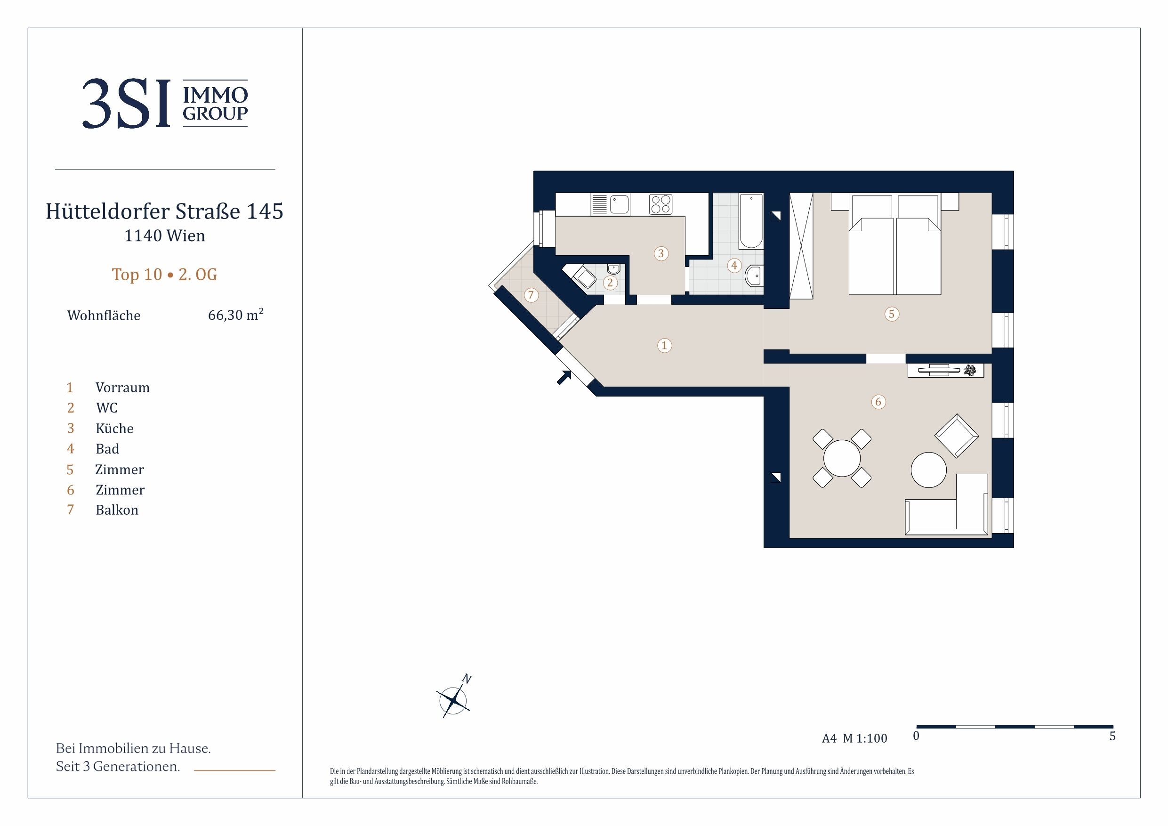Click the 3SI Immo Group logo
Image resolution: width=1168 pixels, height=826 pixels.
pos(165,103)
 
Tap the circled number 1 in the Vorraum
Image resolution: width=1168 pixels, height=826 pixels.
pos(664,346)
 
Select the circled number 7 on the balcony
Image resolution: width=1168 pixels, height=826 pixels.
pos(531,295)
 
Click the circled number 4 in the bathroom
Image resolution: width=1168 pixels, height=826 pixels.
pos(733,265)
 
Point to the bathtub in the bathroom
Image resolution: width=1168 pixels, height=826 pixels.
pos(751,221)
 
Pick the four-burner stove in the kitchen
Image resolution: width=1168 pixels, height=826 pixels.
pos(661,204)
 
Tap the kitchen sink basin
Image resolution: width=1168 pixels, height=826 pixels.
pos(620,204)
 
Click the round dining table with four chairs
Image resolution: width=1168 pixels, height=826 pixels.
pos(842,459)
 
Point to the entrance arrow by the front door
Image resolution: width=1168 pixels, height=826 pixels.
pos(564,377)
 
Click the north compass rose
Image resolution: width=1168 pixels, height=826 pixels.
pos(453,700)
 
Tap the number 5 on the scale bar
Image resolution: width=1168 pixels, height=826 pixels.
pos(1112,736)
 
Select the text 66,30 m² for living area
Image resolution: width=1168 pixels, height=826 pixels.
pos(235,315)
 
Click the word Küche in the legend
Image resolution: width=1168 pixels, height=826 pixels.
pos(114,428)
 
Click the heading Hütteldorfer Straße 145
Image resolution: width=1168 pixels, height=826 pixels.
pos(164,211)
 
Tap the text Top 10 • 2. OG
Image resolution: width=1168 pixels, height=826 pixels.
pos(164,275)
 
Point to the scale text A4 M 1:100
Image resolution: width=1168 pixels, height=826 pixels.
pos(854,738)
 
